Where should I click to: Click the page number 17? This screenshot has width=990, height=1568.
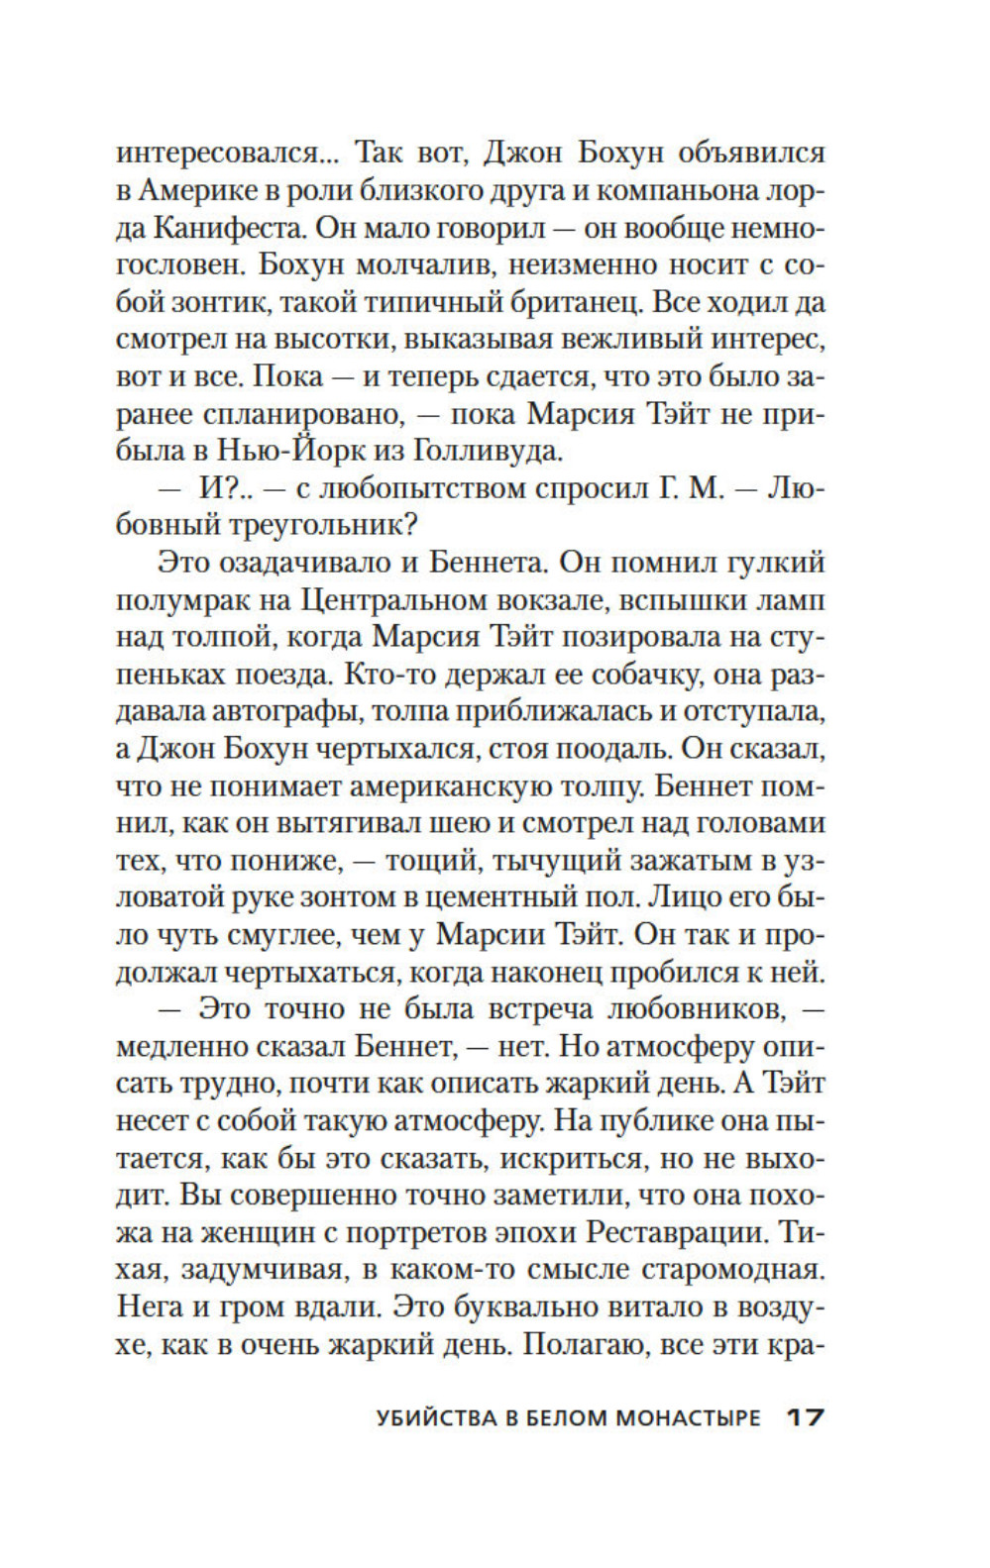coord(805,1417)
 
